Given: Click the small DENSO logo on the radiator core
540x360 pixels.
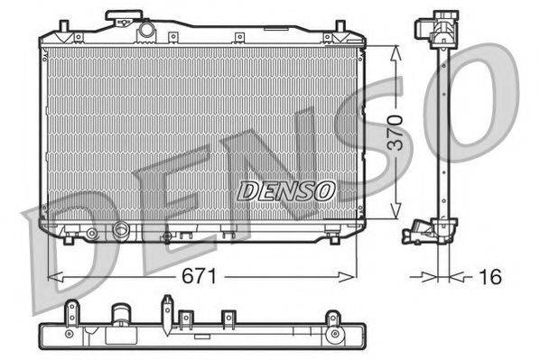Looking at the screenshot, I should pos(286,191).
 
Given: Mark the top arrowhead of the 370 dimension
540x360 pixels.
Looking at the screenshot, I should pos(394,47).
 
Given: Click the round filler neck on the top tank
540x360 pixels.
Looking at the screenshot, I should pos(146,31).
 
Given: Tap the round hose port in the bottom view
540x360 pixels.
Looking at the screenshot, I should pos(120,318).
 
